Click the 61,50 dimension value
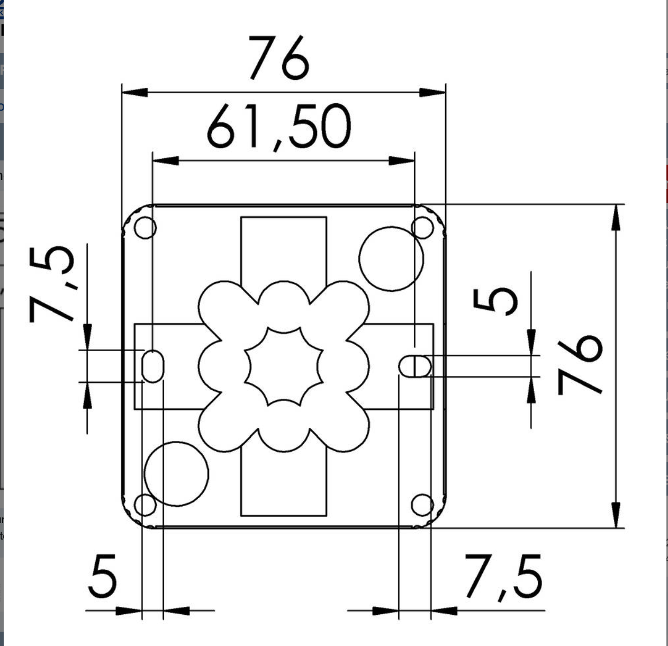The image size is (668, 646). click(279, 127)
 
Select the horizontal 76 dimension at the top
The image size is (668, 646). click(278, 58)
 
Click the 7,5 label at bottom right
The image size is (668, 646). click(503, 577)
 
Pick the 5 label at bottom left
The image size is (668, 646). click(102, 576)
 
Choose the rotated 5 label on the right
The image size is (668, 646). click(495, 301)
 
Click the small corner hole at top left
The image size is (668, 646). click(145, 227)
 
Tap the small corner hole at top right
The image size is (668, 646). click(422, 227)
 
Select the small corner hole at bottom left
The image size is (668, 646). click(145, 505)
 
